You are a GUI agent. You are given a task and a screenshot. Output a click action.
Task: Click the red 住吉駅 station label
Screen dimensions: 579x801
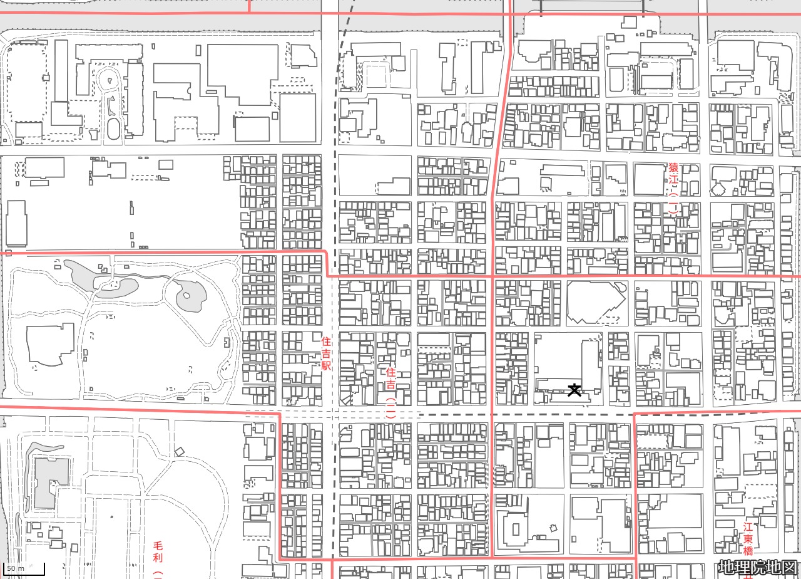(x=325, y=353)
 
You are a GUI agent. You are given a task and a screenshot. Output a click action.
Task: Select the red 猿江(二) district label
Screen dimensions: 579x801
(x=673, y=188)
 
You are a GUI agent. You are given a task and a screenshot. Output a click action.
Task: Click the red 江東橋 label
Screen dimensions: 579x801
(x=748, y=539)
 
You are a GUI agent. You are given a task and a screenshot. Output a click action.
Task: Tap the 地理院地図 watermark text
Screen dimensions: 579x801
(x=758, y=567)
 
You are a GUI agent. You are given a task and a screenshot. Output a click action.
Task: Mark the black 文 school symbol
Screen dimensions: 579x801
(x=574, y=389)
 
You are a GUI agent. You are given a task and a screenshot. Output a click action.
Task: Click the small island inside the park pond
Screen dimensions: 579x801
(x=186, y=295)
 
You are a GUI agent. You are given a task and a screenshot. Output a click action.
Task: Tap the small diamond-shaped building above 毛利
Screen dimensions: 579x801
(x=180, y=451)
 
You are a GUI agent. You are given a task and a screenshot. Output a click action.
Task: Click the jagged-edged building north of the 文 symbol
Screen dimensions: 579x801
(x=594, y=302)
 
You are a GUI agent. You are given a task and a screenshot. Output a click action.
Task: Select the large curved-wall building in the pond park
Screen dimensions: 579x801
(x=50, y=345)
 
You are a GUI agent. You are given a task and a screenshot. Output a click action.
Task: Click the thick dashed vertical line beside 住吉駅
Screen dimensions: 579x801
(x=335, y=188)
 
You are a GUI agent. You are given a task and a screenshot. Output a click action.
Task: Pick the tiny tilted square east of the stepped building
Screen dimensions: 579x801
(x=553, y=527)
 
